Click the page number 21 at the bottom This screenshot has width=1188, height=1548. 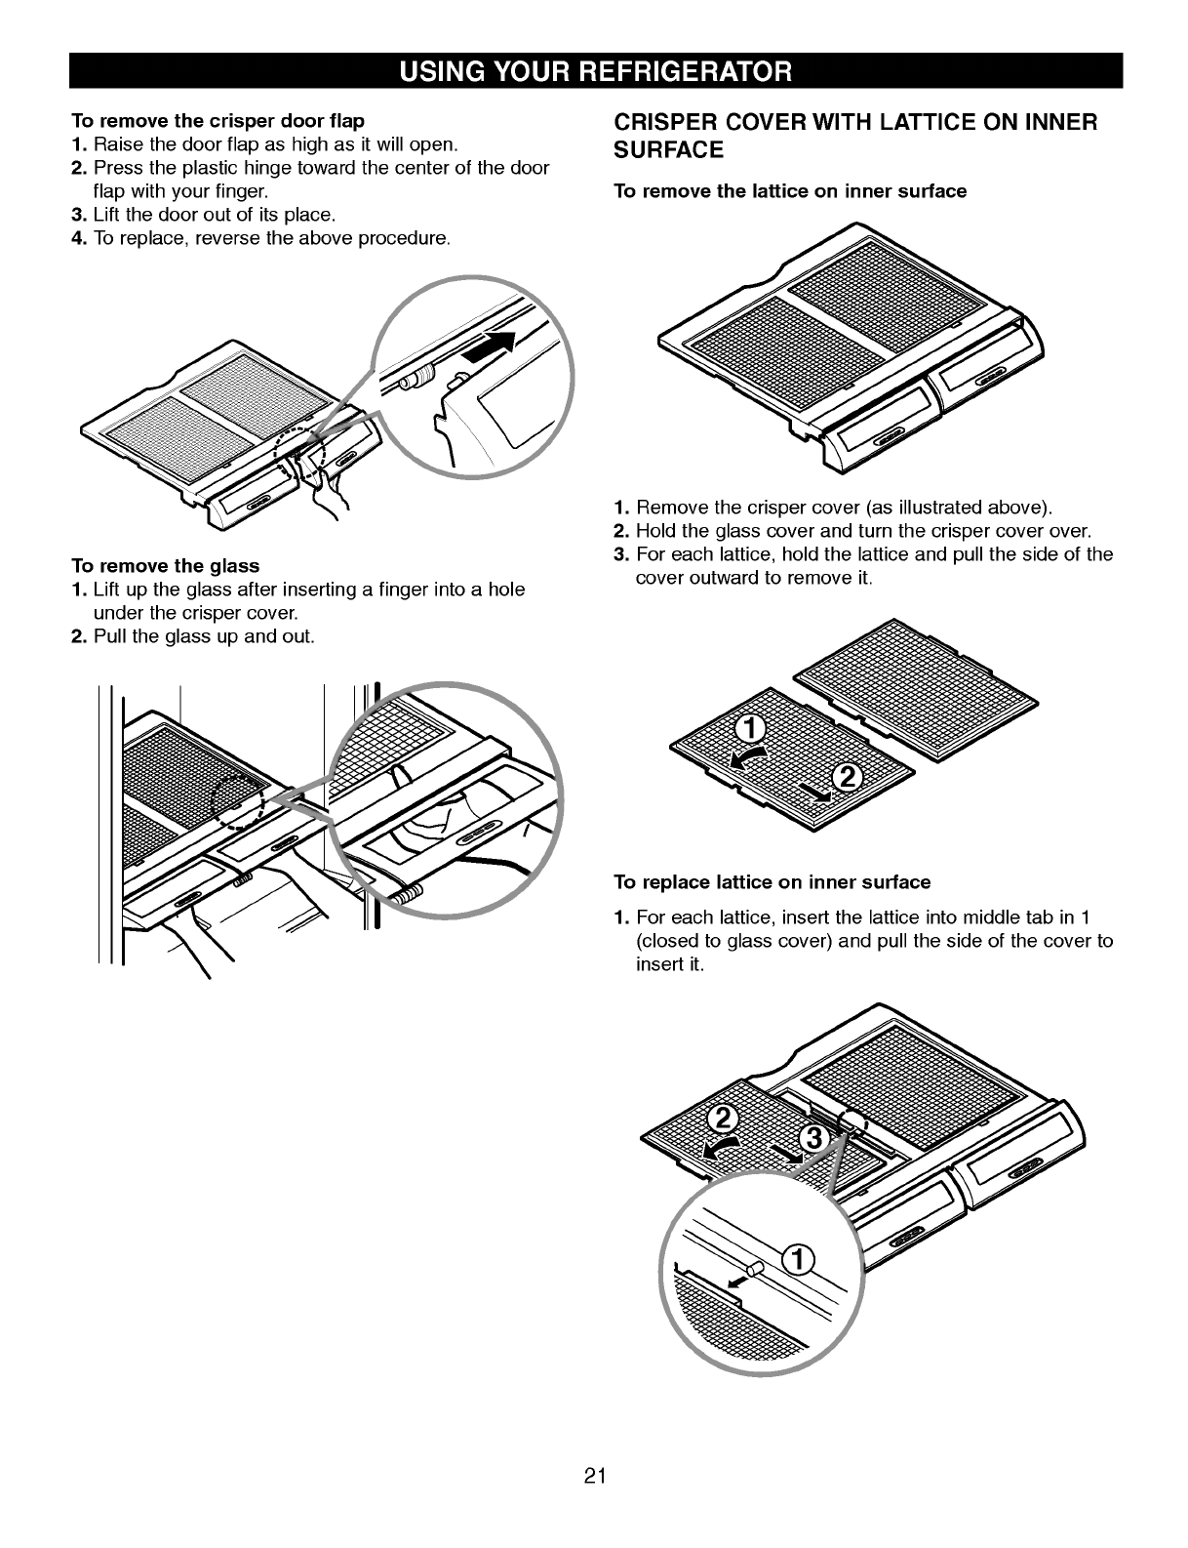(x=594, y=1476)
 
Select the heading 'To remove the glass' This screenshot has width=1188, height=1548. (x=165, y=566)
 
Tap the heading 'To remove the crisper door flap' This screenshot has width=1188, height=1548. (x=218, y=120)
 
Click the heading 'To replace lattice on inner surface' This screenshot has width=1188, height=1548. (x=772, y=882)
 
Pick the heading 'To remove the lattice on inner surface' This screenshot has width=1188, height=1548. (x=790, y=191)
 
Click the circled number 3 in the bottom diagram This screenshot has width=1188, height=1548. (x=812, y=1138)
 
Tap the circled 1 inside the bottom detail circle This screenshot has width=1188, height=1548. (x=799, y=1260)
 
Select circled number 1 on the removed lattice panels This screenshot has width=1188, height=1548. (x=750, y=729)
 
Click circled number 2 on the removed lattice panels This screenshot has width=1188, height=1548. (x=848, y=777)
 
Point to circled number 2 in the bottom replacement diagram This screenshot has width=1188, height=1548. (x=723, y=1120)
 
